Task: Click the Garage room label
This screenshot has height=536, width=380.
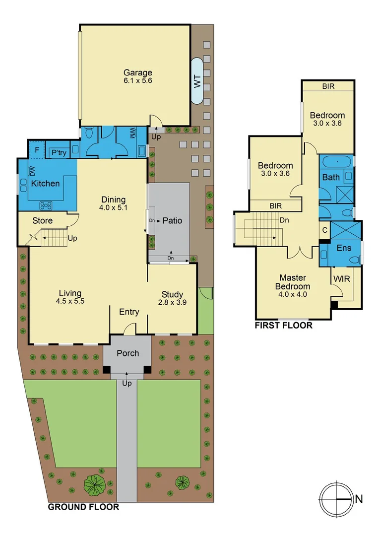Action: (138, 72)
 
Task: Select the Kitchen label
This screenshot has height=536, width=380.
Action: (46, 183)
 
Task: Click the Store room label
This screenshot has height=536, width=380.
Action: (43, 220)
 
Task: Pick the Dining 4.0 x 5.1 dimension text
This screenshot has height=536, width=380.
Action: (114, 208)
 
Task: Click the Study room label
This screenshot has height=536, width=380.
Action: (172, 294)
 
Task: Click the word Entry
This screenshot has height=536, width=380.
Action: (129, 312)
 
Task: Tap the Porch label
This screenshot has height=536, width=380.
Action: (127, 353)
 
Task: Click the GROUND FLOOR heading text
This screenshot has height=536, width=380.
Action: (83, 507)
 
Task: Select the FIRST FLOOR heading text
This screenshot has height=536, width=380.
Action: (283, 326)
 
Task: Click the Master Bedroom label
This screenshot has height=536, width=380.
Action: (294, 282)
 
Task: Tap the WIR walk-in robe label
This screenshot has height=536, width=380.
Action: (342, 279)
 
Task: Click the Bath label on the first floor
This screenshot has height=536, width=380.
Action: (331, 177)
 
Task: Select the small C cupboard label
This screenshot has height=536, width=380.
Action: (324, 230)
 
